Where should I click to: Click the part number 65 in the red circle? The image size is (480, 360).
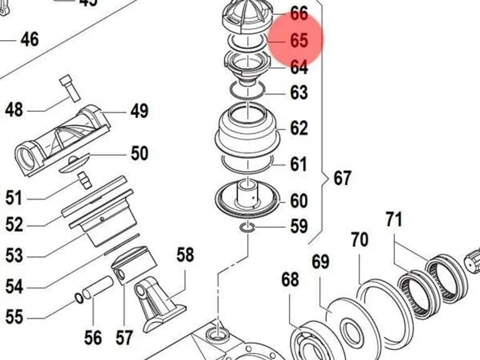299,40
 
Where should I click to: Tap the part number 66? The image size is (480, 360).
299,14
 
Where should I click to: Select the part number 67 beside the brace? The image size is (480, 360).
342,178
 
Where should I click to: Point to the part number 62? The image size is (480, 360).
299,128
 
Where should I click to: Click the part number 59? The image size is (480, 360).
299,226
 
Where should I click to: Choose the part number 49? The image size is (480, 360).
139,111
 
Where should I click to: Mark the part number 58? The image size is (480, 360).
185,255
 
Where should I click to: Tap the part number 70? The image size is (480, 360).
360,240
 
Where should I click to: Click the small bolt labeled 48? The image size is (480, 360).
70,89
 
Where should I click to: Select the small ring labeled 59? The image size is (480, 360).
247,227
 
